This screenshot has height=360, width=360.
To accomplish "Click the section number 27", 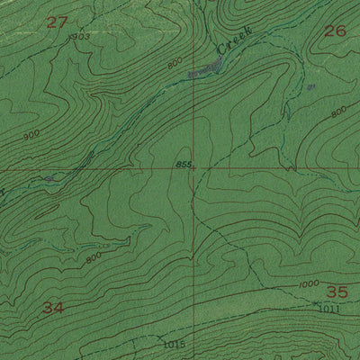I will click(56, 22).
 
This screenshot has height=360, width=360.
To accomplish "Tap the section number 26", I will click(334, 31).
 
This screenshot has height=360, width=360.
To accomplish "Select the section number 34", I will click(53, 308).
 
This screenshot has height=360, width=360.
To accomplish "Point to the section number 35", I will click(336, 292).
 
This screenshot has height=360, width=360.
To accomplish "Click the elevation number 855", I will click(184, 164).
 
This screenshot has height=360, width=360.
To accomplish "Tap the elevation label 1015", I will click(174, 343).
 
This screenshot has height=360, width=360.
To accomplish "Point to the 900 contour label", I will click(32, 136).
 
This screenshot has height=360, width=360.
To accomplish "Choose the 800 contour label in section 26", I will click(337, 112).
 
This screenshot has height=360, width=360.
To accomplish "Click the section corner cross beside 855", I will click(193, 168).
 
